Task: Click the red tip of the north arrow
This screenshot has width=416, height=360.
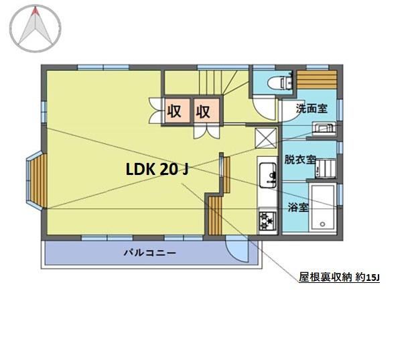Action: (36, 11)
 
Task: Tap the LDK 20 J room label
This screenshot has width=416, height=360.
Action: (157, 170)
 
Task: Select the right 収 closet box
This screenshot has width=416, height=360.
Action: (206, 111)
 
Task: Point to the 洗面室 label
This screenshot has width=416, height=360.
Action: (311, 109)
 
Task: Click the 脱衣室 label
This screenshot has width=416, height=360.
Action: (300, 160)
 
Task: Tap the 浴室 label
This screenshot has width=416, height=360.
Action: (298, 207)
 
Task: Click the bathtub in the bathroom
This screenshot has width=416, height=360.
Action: (323, 208)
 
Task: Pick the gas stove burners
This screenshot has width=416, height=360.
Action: (267, 221)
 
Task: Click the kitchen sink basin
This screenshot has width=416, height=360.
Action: (268, 176)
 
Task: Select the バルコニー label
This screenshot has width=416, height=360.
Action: (150, 253)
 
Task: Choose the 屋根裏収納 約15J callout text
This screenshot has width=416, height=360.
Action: (340, 278)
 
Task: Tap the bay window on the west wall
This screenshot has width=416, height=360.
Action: (37, 180)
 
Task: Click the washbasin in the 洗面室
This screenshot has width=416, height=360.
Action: (324, 128)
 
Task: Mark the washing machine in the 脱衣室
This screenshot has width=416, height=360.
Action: (326, 169)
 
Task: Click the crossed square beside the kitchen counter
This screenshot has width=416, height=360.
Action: (265, 138)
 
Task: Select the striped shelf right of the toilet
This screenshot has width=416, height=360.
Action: (317, 80)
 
